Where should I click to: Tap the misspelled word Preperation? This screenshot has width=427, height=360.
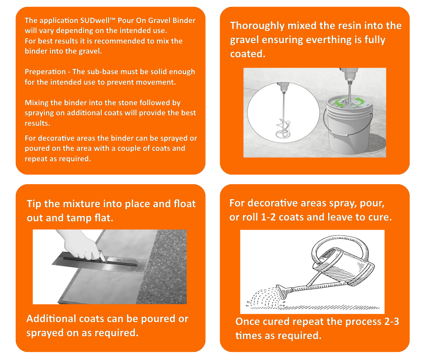click(x=45, y=72)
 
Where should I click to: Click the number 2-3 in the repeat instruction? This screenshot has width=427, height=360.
click(x=391, y=322)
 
